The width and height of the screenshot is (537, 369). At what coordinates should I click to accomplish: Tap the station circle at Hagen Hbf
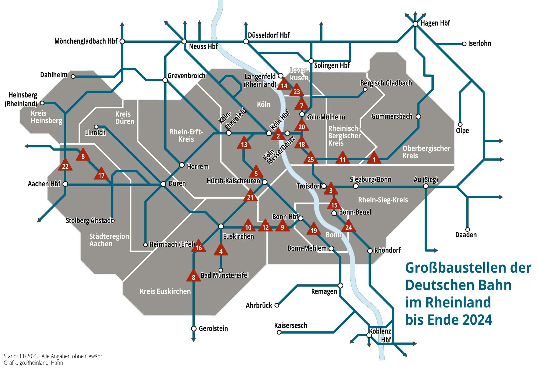[x=415, y=24]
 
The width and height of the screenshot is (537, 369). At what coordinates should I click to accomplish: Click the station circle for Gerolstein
[x=194, y=328]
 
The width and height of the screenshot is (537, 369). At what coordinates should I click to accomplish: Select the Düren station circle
[x=163, y=184]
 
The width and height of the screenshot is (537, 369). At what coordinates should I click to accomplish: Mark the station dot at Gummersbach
[x=418, y=117]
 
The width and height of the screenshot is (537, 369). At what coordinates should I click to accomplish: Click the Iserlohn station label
[x=480, y=44]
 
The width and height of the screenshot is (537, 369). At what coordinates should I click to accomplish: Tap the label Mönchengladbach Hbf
[x=86, y=41]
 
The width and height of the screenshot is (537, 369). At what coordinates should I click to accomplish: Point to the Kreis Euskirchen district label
[x=165, y=291]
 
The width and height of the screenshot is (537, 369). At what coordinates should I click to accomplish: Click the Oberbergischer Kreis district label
[x=426, y=152]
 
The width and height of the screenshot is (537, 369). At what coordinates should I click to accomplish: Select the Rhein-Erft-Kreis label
[x=186, y=135]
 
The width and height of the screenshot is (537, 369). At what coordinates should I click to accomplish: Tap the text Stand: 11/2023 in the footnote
[x=21, y=356]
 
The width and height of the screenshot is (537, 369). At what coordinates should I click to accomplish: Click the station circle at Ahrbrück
[x=277, y=305]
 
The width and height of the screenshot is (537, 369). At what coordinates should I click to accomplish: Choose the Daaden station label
[x=466, y=235]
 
